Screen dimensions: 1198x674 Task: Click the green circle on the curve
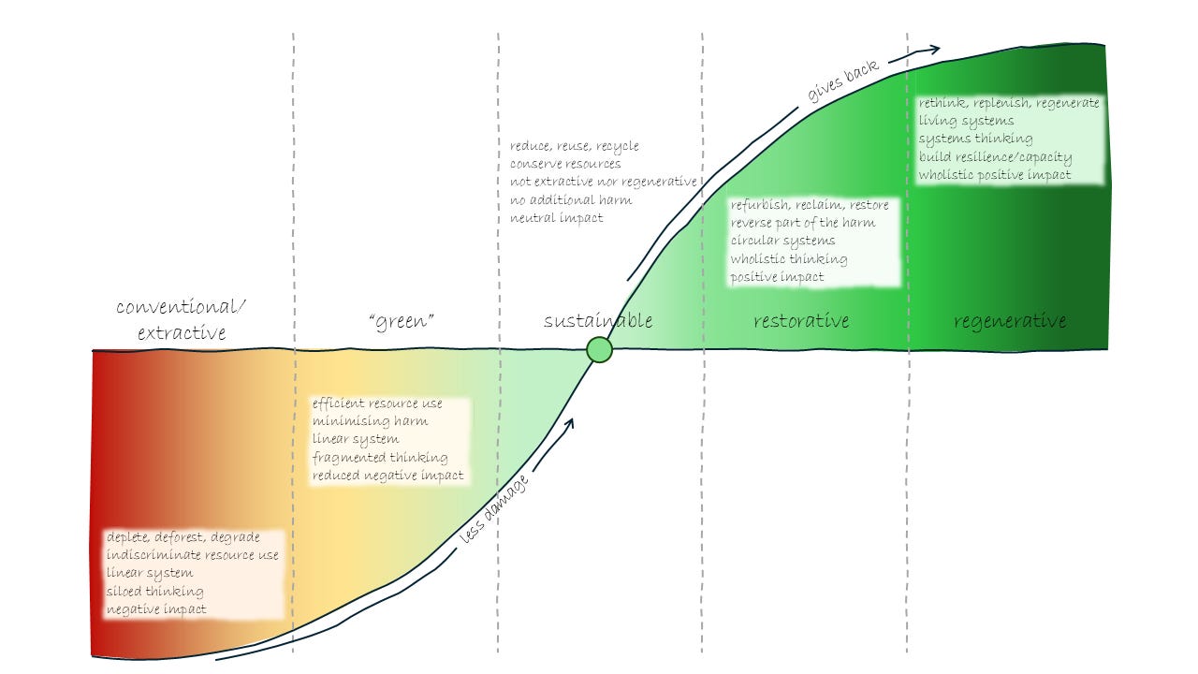599,350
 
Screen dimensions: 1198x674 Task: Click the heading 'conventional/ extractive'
183,319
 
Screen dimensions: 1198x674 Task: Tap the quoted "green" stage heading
402,322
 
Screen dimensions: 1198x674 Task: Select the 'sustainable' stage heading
598,321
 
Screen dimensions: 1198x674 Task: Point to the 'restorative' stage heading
801,321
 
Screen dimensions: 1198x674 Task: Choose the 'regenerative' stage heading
1010,321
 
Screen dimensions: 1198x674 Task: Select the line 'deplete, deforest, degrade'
183,537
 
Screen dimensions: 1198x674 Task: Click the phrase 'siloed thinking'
154,592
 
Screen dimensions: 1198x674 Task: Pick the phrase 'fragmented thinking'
380,458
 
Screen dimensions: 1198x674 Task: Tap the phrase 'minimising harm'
371,421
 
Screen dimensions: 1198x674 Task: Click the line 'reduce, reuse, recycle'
575,146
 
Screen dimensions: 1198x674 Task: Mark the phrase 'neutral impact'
557,218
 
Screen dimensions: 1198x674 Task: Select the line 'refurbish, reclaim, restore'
810,205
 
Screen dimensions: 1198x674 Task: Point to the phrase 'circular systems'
782,241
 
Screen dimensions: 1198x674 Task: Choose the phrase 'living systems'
966,121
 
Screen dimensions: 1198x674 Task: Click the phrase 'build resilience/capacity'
995,157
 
